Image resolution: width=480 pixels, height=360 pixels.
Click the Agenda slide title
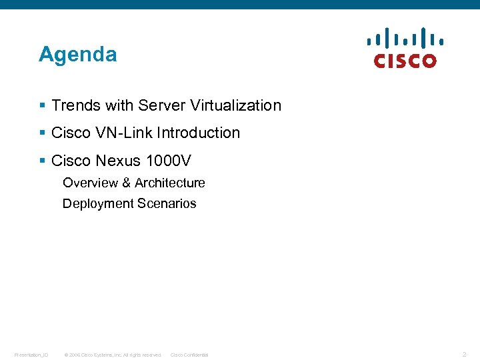77,54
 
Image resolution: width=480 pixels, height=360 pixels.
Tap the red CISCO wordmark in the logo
405,61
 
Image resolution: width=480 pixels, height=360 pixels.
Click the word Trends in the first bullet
73,105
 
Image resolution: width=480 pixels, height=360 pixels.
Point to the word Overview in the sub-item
89,183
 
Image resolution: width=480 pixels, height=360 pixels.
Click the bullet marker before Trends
42,105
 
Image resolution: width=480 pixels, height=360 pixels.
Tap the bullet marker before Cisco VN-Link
42,133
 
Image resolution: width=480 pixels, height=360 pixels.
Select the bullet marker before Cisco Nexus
42,161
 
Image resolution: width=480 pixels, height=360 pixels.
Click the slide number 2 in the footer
464,354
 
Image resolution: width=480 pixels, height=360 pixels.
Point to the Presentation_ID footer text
31,355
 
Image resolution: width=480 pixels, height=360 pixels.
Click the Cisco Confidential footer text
189,355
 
